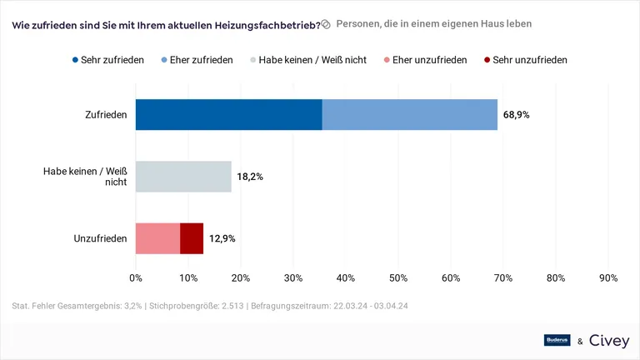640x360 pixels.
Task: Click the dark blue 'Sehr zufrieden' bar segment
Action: [x=228, y=114]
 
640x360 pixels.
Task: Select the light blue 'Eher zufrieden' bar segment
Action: [x=409, y=114]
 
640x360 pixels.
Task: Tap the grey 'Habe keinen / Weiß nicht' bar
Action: [x=183, y=177]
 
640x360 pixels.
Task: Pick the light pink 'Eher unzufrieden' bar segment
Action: [x=157, y=238]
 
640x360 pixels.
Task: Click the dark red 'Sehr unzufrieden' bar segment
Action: [x=192, y=238]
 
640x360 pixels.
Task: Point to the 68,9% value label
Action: [x=516, y=114]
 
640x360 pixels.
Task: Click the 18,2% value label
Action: [x=250, y=177]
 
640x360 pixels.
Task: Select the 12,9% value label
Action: [x=222, y=238]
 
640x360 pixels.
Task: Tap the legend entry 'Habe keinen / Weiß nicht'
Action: [x=307, y=60]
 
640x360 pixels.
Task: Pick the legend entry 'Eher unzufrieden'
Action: [x=424, y=60]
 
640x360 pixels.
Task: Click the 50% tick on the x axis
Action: [x=398, y=278]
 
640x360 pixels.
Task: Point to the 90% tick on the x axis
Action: [x=608, y=278]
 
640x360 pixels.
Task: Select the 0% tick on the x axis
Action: [x=136, y=278]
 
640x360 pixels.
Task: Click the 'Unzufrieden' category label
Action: [x=100, y=238]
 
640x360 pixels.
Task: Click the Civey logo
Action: [x=609, y=340]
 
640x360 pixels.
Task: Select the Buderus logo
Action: [x=557, y=340]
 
